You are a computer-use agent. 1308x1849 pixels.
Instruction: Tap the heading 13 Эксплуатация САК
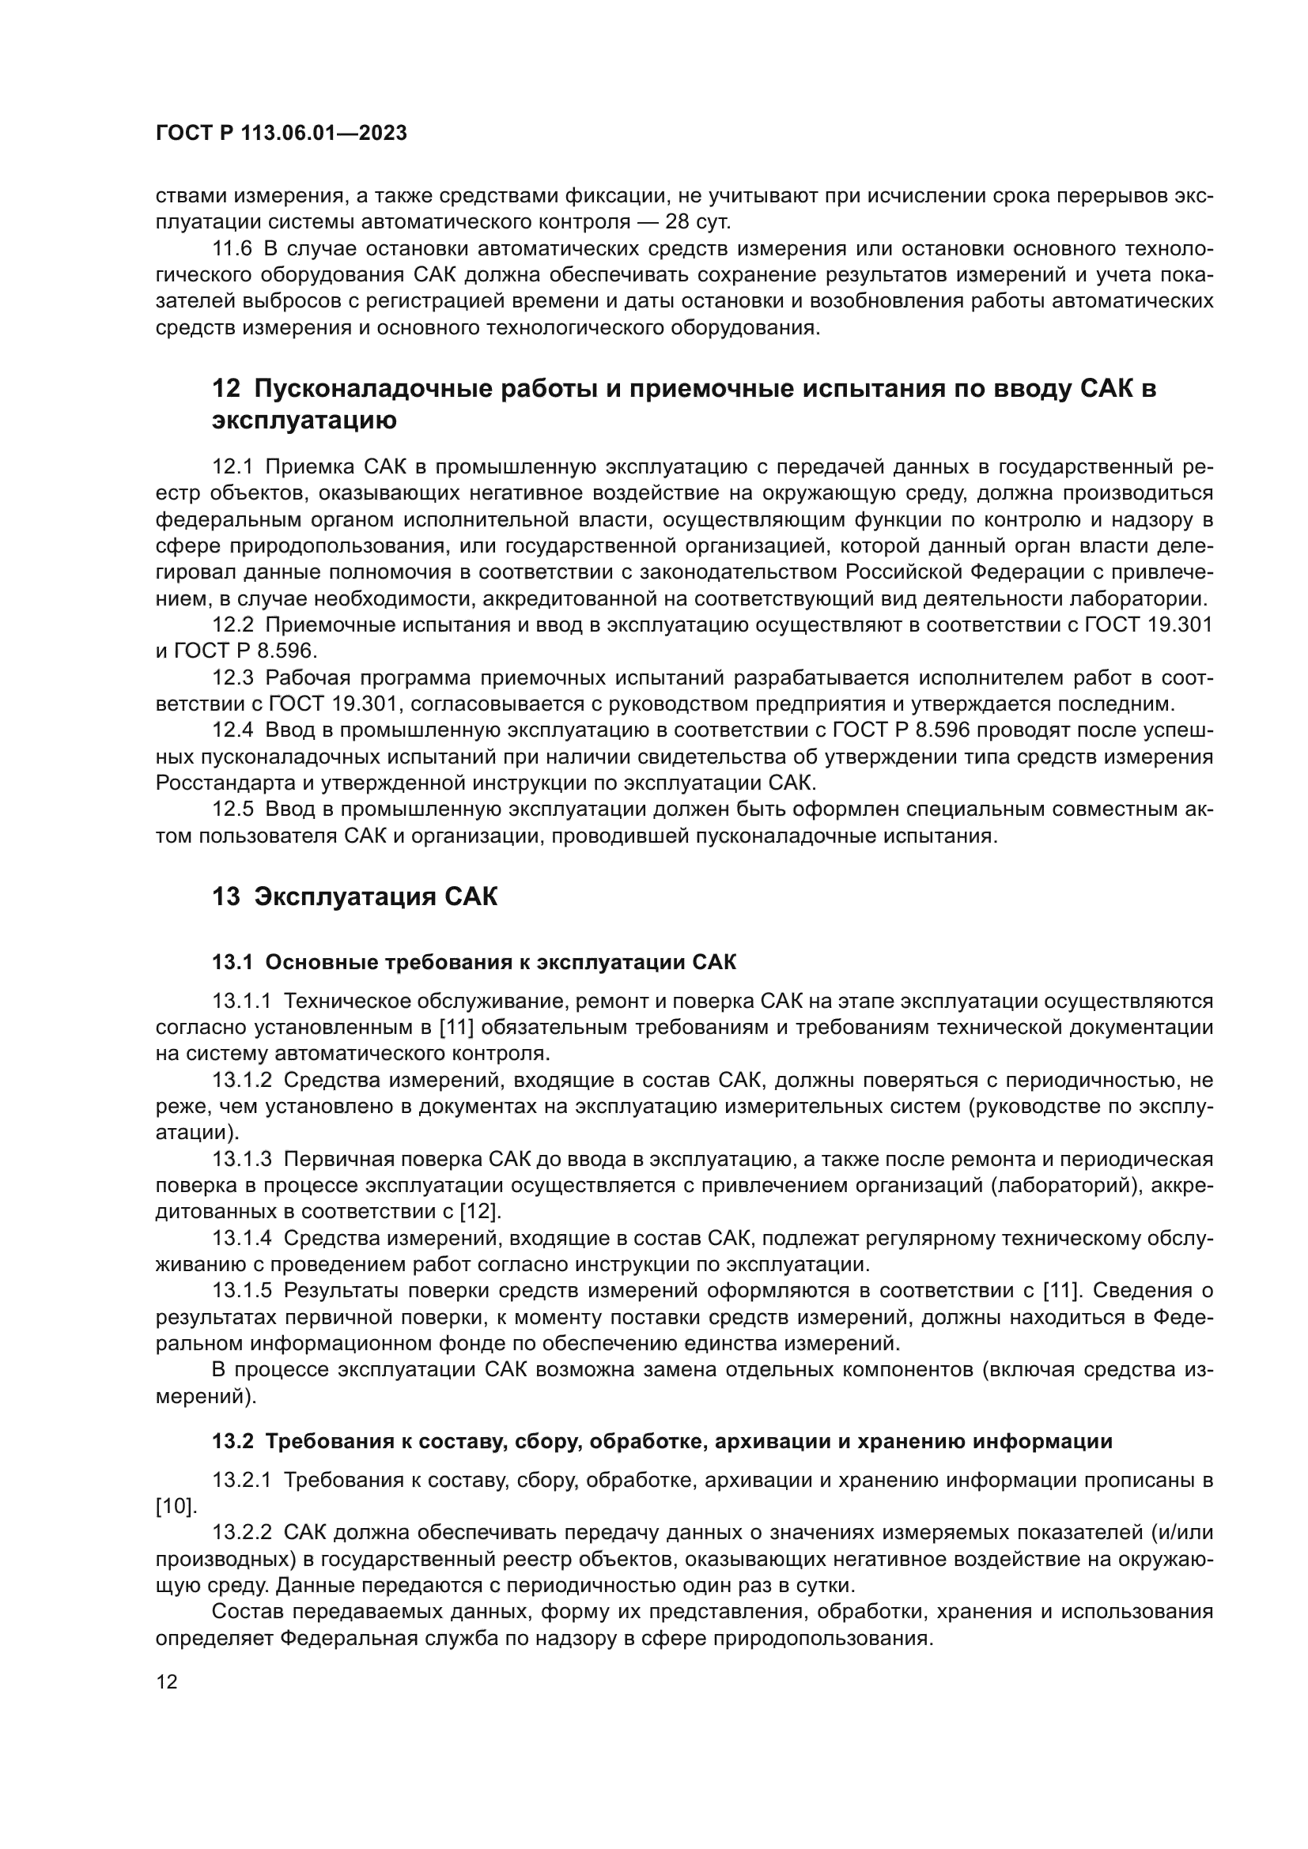point(354,896)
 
